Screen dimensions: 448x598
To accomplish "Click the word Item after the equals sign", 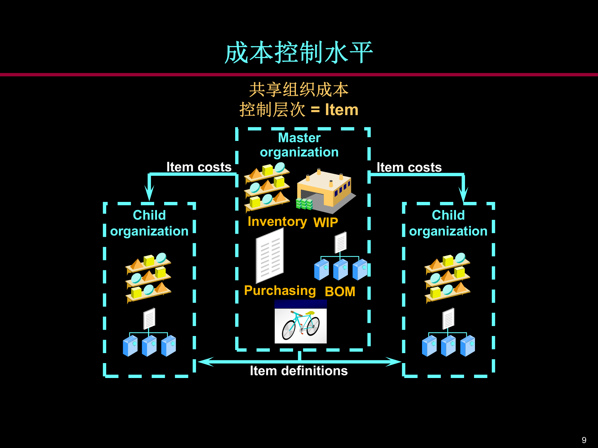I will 342,110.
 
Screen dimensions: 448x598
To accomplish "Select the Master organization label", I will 299,145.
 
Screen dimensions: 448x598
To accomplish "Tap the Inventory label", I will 277,222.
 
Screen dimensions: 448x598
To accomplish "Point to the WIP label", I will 325,222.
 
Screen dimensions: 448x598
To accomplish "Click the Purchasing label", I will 280,291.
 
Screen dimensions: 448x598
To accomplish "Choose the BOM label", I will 340,292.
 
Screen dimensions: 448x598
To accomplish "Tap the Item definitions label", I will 299,371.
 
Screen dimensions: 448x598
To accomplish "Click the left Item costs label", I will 199,167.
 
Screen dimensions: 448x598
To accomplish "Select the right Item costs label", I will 409,167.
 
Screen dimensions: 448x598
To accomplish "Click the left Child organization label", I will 149,223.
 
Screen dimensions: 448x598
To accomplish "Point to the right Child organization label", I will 448,223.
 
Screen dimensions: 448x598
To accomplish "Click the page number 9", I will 584,440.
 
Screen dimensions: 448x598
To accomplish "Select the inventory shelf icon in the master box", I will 267,187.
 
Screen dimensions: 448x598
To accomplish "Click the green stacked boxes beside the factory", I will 304,204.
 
